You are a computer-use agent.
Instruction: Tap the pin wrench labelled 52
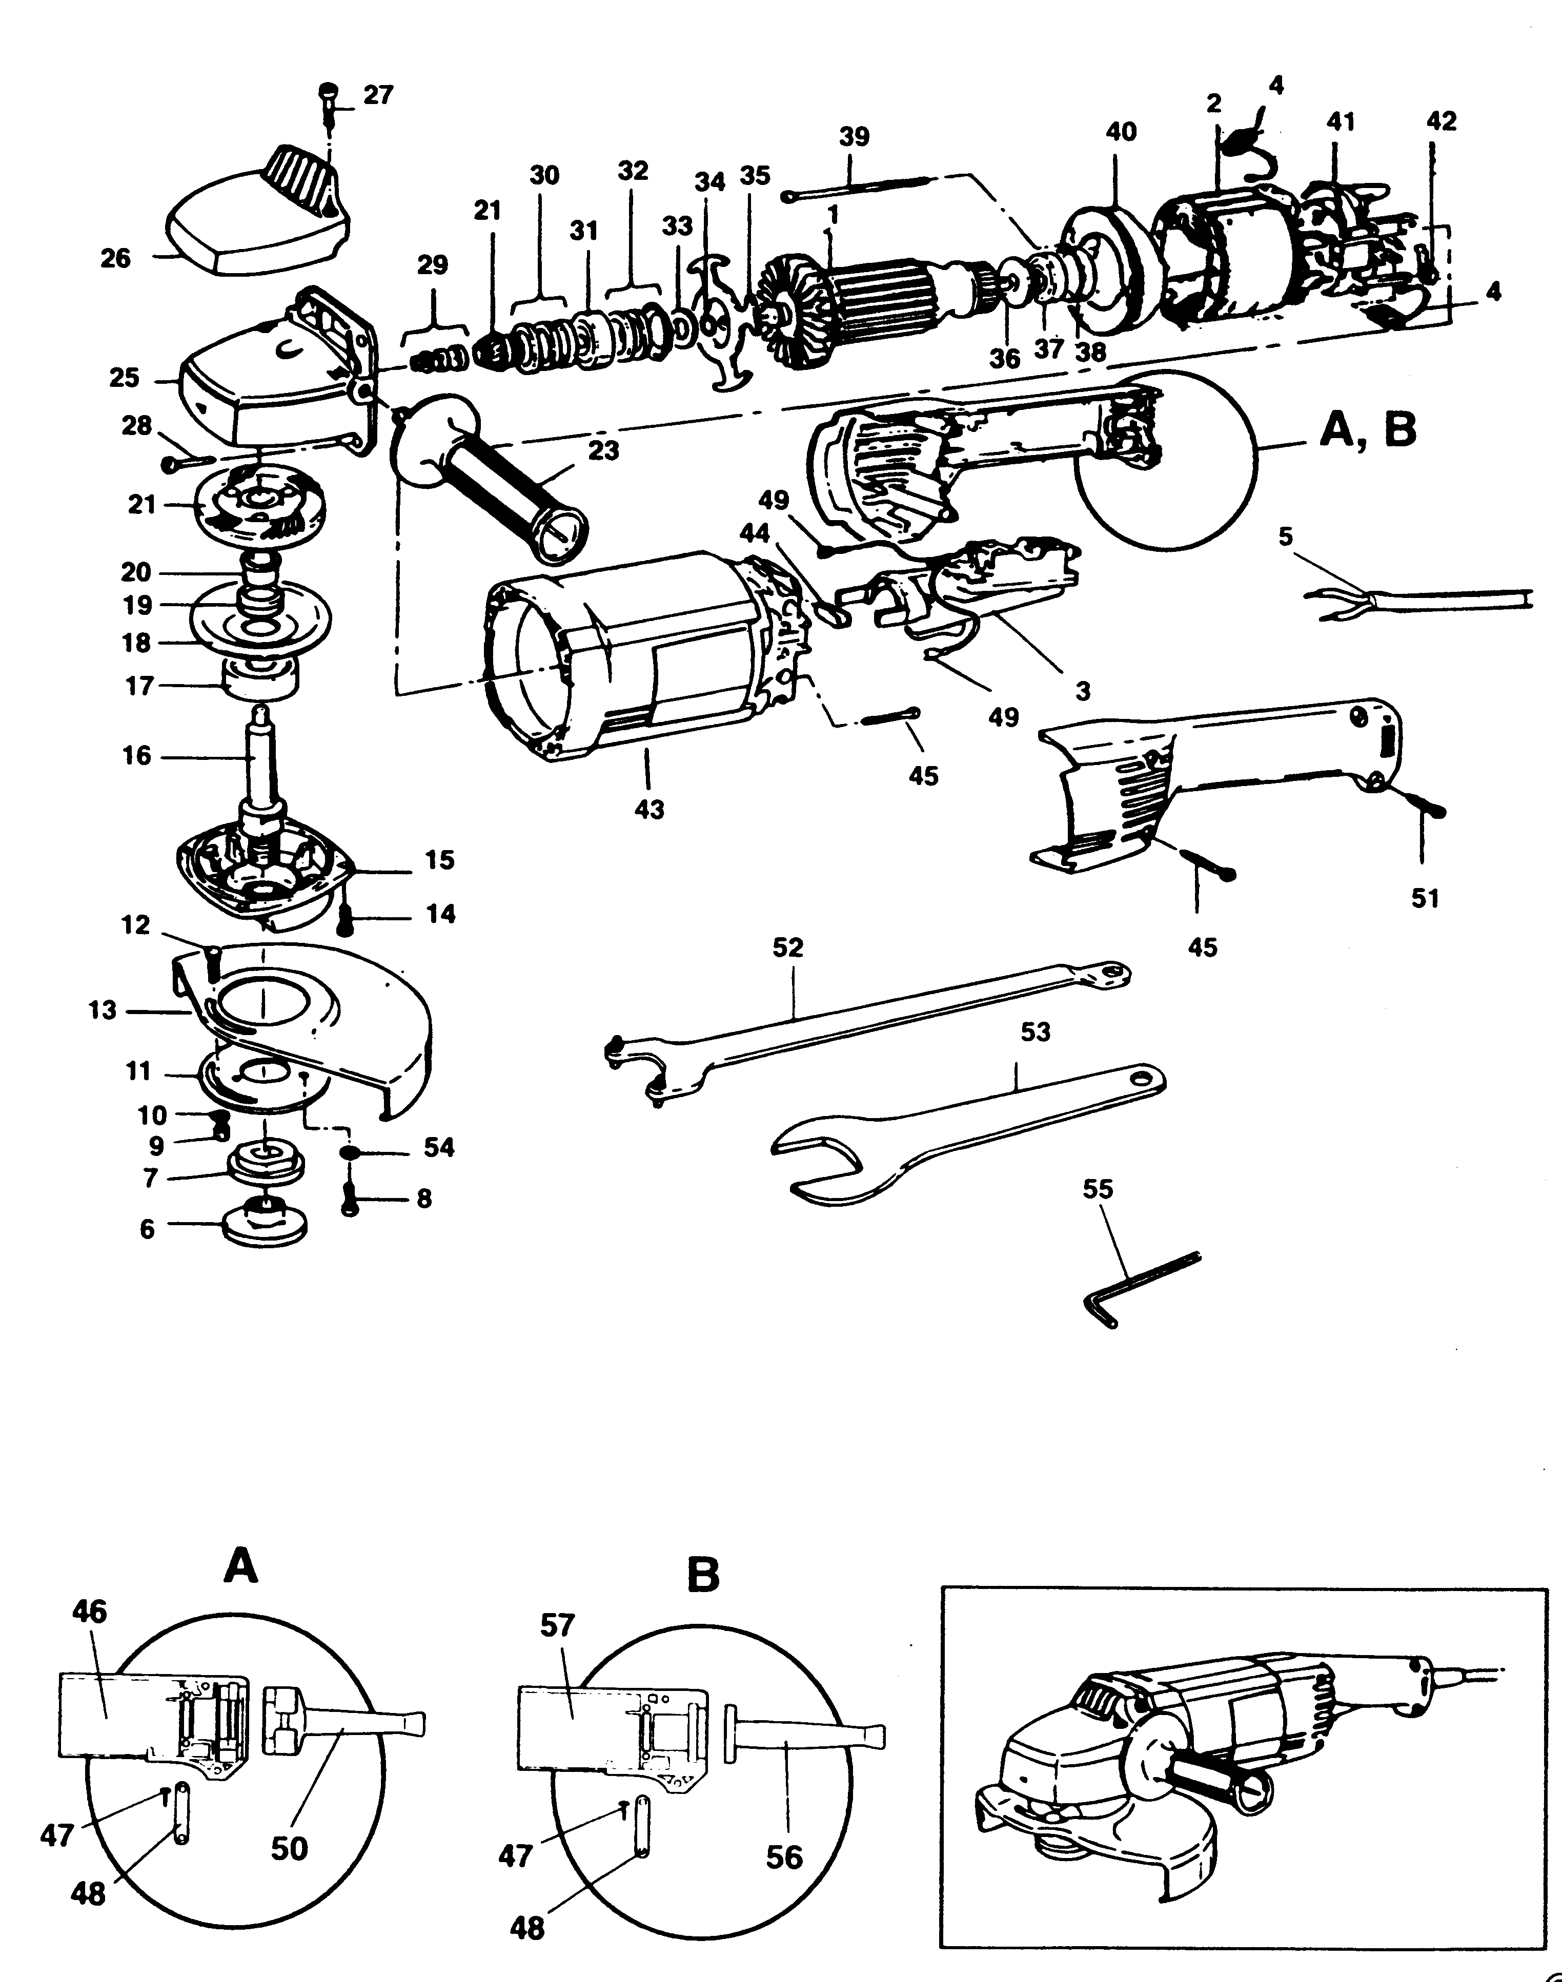pyautogui.click(x=869, y=1015)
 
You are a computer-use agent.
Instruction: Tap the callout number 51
pyautogui.click(x=1425, y=899)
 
